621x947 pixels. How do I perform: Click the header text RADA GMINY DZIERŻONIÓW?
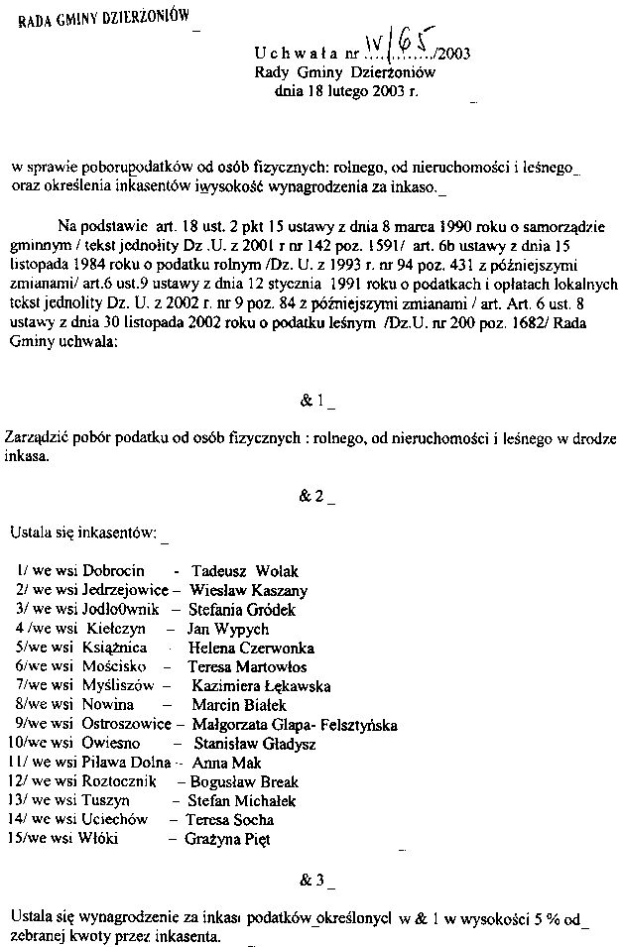(103, 19)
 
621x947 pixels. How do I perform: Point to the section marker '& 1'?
(312, 401)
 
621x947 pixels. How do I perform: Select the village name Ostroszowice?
(125, 724)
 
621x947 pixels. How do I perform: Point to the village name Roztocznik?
(120, 781)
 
